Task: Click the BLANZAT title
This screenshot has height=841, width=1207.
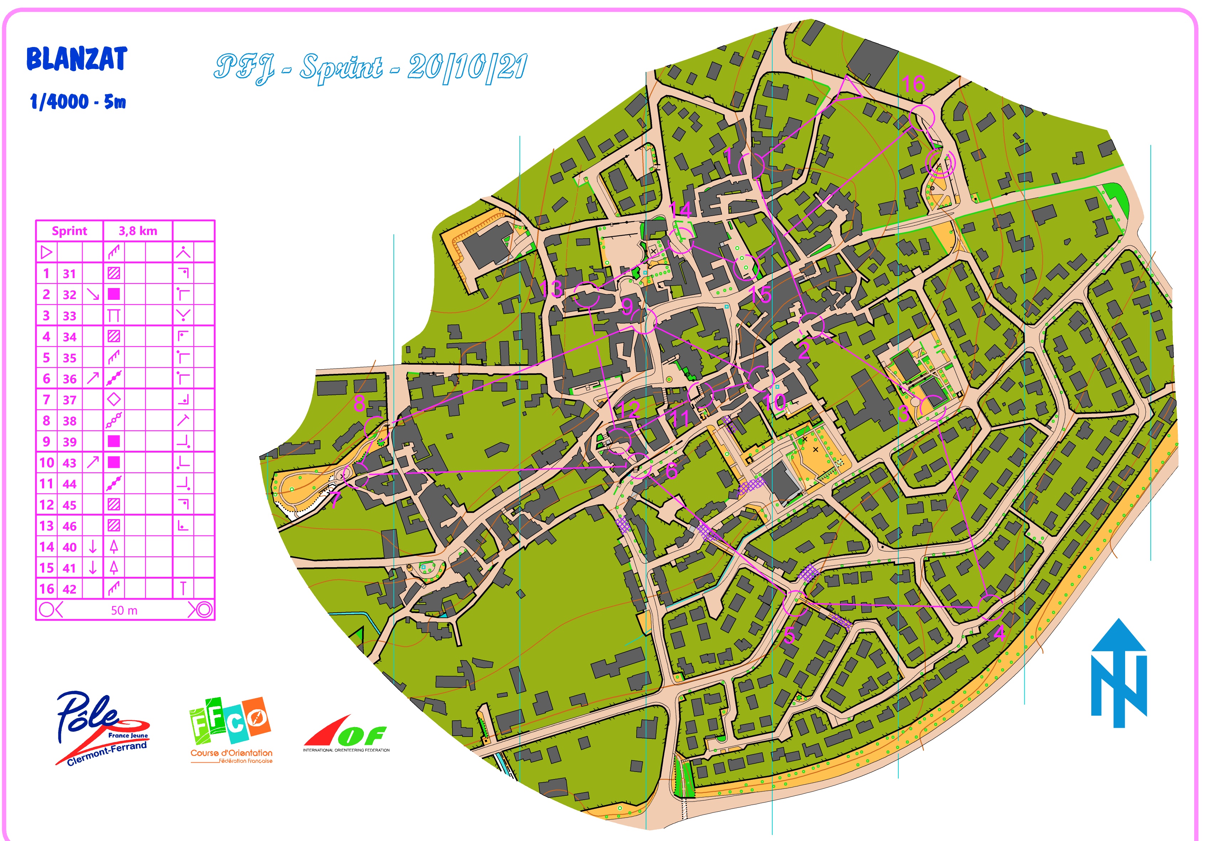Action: (77, 59)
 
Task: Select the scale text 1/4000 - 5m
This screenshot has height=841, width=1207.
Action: (78, 101)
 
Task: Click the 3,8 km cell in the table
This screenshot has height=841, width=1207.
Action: (138, 231)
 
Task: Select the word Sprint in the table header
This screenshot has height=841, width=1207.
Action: (69, 231)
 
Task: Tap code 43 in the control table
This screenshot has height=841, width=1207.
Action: (69, 463)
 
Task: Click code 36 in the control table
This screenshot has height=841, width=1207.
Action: (69, 378)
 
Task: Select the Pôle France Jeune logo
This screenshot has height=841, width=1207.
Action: (103, 728)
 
